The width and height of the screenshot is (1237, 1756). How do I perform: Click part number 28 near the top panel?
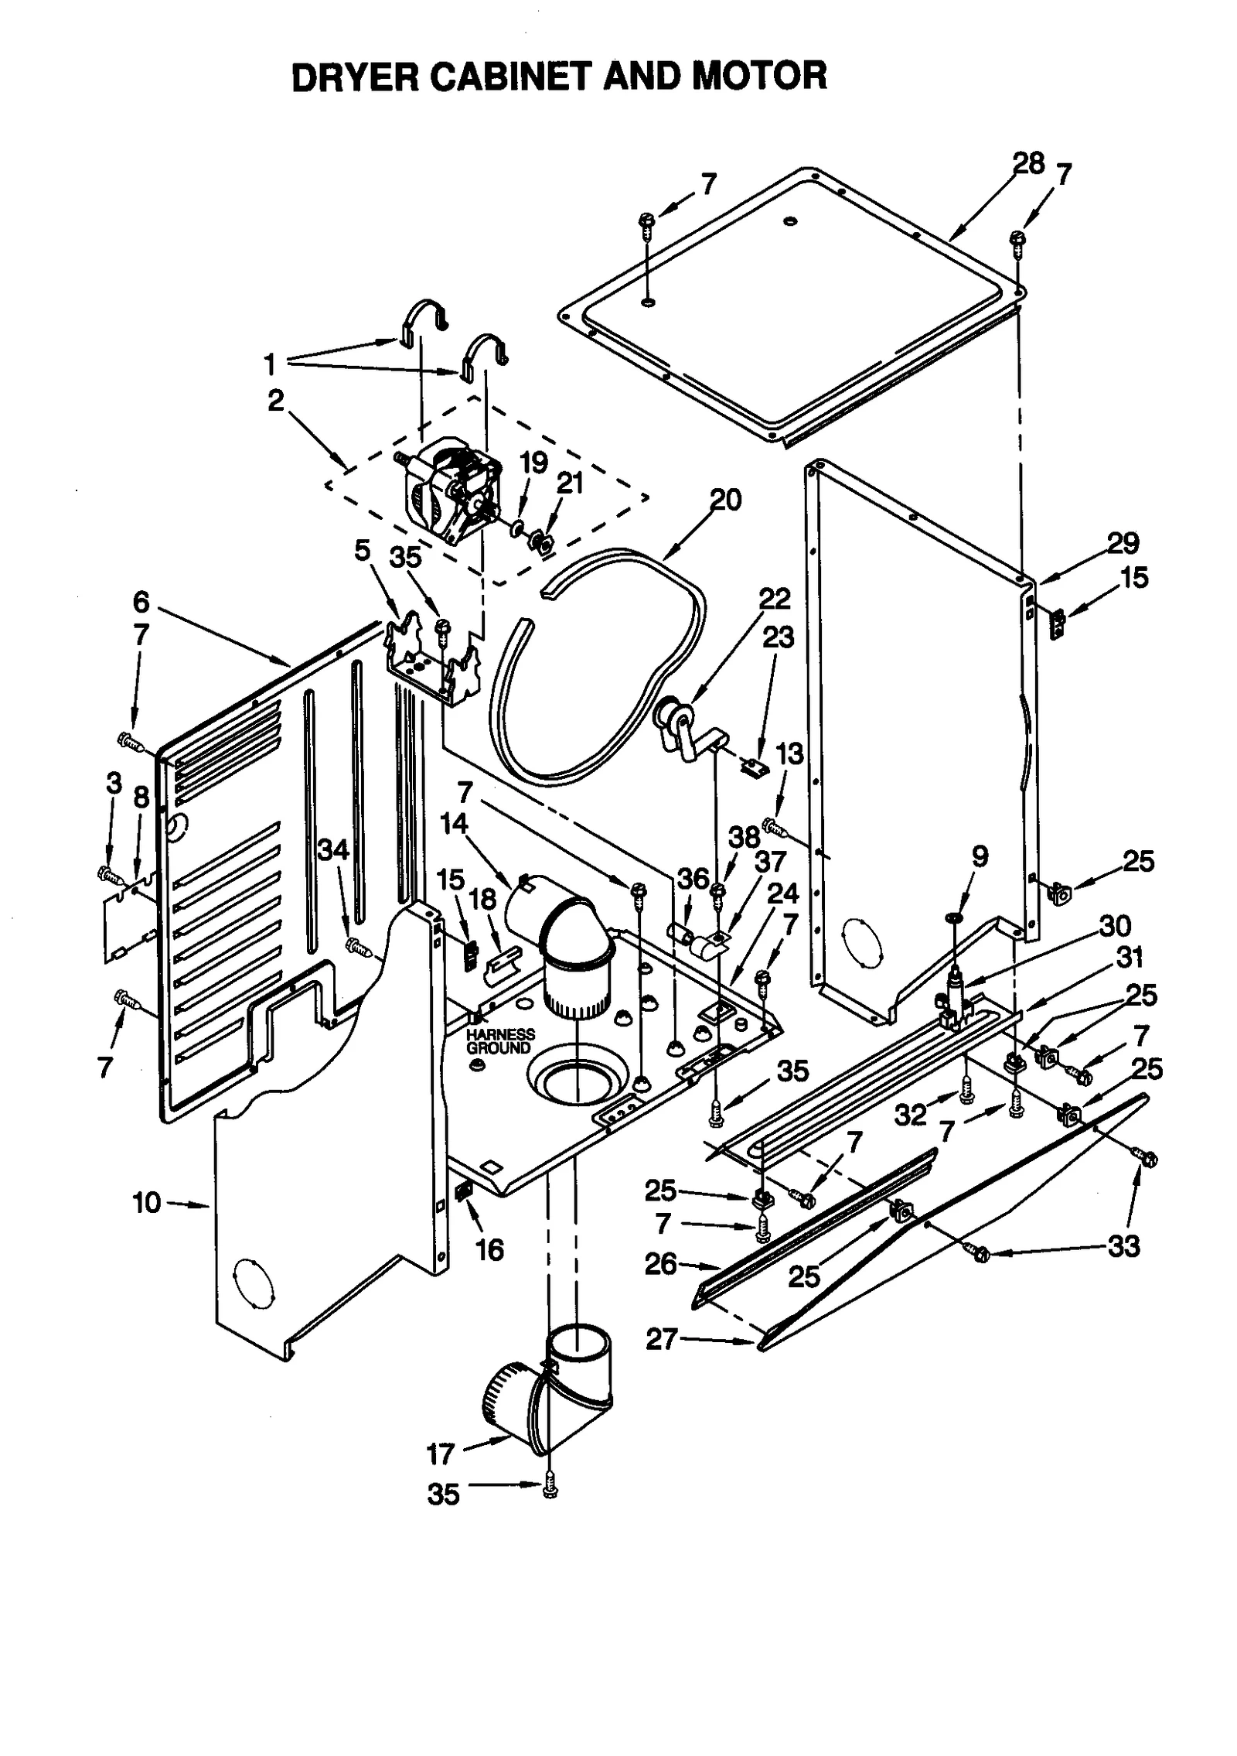click(1028, 164)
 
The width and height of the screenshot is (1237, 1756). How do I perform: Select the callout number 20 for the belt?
click(725, 500)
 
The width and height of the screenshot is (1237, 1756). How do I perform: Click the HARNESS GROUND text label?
click(500, 1041)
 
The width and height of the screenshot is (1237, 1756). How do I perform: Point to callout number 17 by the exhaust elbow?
click(441, 1454)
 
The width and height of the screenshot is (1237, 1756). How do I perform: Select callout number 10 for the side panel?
click(147, 1203)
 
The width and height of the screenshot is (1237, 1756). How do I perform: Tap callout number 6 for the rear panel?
click(141, 601)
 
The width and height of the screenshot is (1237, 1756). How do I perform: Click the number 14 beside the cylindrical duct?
click(454, 824)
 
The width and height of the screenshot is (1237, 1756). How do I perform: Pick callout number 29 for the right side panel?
click(1123, 544)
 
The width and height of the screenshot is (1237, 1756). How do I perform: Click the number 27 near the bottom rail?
click(662, 1339)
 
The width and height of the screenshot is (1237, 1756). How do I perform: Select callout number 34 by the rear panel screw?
click(333, 850)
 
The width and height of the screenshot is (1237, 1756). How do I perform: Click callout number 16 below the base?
click(490, 1249)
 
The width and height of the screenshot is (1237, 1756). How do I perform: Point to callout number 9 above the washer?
click(980, 856)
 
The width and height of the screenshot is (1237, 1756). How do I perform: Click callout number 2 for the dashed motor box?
click(276, 401)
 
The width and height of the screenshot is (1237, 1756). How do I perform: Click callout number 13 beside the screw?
click(789, 753)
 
